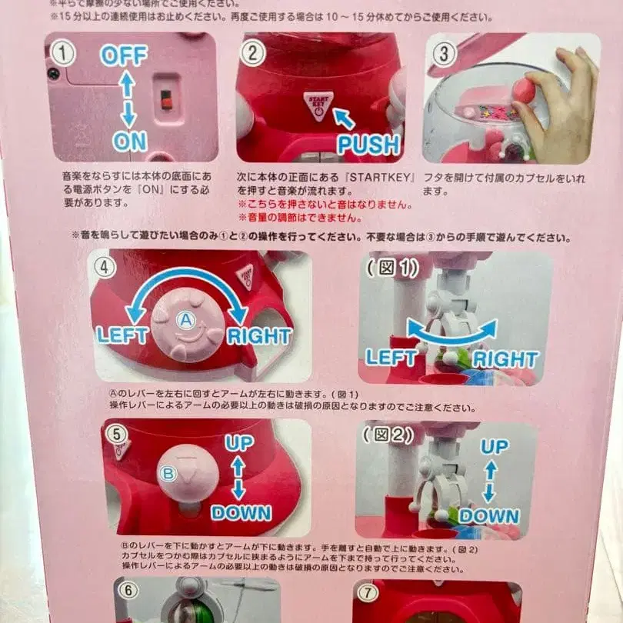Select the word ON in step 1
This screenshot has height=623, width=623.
coord(129,141)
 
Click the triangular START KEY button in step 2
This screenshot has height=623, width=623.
coord(317,105)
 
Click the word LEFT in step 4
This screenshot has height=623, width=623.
coord(122,335)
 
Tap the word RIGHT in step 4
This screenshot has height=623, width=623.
coord(258,335)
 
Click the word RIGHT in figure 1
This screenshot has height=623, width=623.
coord(505,358)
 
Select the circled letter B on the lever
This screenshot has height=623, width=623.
coord(168,472)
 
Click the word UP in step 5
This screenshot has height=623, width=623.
coord(238,443)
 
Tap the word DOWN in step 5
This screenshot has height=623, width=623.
coord(241,511)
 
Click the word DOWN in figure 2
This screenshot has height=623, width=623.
coord(488,515)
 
